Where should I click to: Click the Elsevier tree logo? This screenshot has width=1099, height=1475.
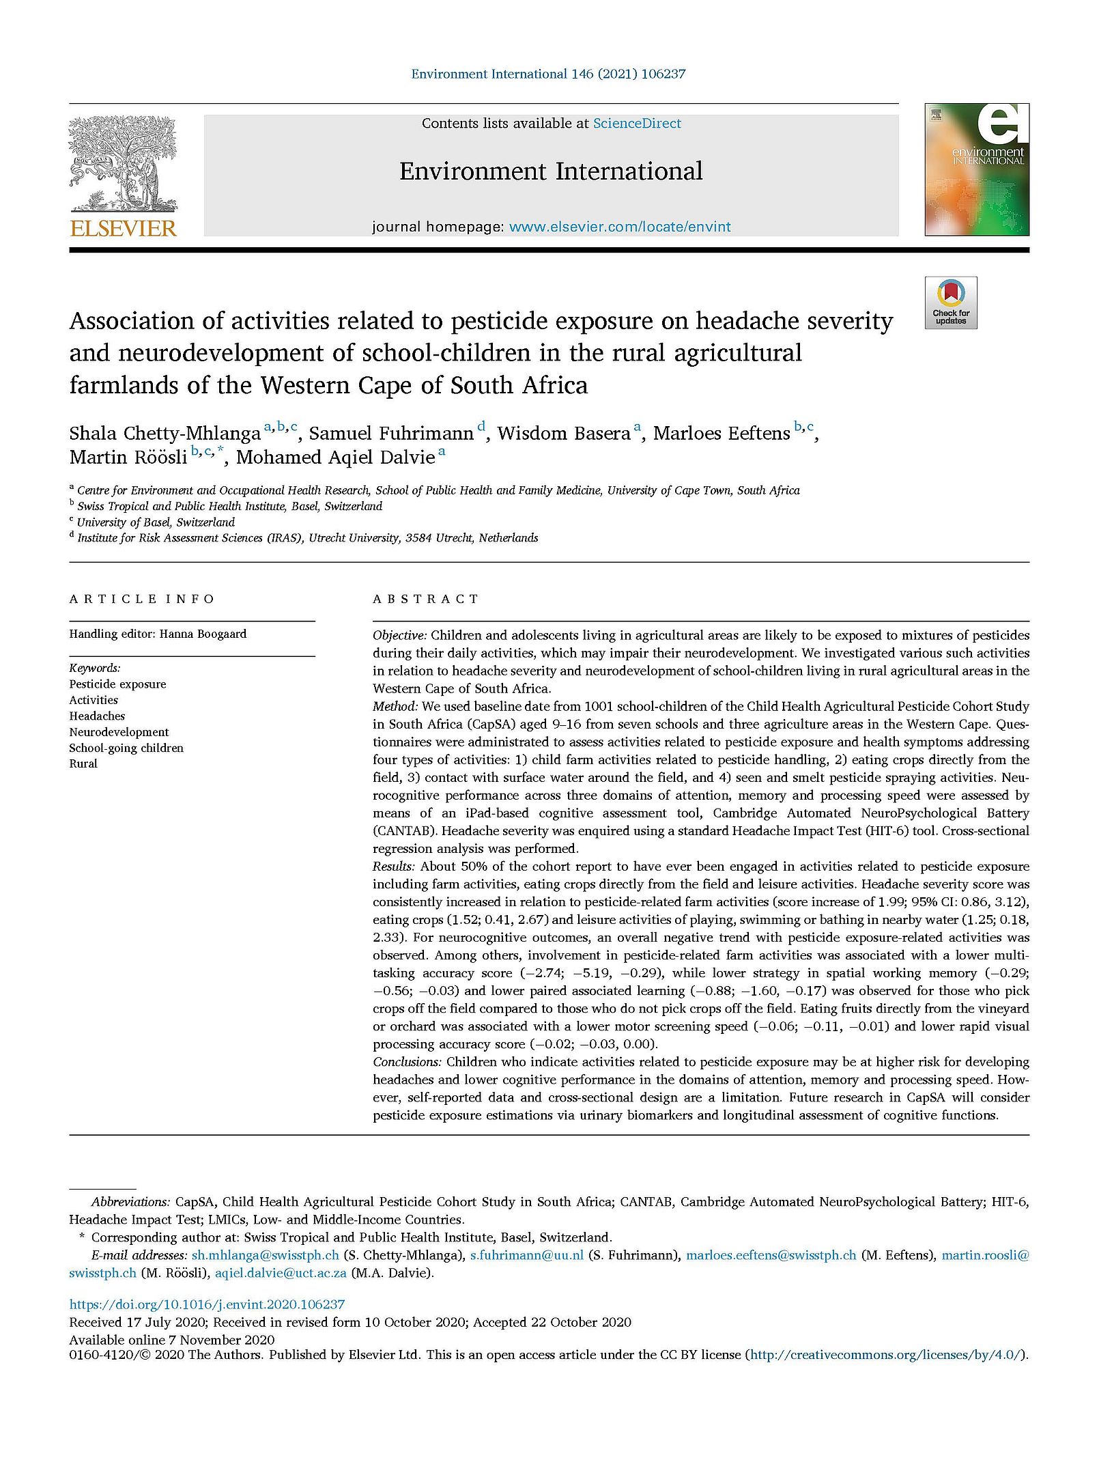click(123, 164)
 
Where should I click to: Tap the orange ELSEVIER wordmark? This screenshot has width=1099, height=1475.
click(123, 228)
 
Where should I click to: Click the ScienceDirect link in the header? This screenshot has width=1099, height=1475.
click(637, 124)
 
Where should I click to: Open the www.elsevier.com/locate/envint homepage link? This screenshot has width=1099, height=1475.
click(620, 227)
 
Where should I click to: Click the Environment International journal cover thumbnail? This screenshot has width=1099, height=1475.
click(976, 169)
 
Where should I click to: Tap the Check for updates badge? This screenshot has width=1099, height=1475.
click(951, 303)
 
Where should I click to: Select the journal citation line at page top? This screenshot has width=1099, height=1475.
click(548, 74)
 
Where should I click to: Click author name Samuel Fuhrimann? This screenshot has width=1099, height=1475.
click(391, 434)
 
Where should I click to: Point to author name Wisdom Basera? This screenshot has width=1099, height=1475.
click(563, 434)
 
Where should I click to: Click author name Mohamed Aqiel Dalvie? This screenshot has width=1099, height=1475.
click(335, 458)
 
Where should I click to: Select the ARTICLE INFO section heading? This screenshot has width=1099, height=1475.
click(142, 599)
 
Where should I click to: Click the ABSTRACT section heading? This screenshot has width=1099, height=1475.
click(426, 599)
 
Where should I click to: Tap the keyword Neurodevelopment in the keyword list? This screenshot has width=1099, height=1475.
click(119, 732)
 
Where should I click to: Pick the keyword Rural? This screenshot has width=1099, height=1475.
click(83, 763)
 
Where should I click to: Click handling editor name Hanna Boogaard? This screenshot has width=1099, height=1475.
click(203, 634)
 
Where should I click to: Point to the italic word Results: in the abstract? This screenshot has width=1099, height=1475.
click(393, 867)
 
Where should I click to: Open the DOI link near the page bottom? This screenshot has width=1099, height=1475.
click(207, 1304)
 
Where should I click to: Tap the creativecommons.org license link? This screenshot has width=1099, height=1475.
click(886, 1355)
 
